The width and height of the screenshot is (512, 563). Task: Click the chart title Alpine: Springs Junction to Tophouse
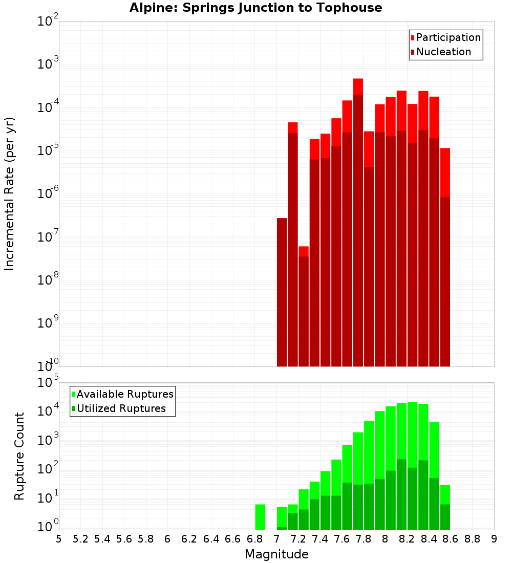pos(255,8)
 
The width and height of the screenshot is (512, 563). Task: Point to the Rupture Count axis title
pos(19,456)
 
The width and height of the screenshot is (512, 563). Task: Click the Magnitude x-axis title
pos(276,554)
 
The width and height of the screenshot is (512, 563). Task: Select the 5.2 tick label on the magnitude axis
pos(81,539)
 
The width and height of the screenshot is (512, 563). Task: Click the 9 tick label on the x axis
pos(494,539)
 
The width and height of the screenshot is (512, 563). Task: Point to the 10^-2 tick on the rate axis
pos(48,21)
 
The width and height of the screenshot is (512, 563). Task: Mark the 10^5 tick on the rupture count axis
pos(48,383)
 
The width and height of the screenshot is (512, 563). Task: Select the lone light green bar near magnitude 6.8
pos(260,517)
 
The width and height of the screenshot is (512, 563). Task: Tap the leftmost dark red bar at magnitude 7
pos(282,292)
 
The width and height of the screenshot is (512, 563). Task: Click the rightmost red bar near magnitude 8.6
pos(445,256)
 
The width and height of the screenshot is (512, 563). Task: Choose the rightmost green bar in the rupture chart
pos(445,507)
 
